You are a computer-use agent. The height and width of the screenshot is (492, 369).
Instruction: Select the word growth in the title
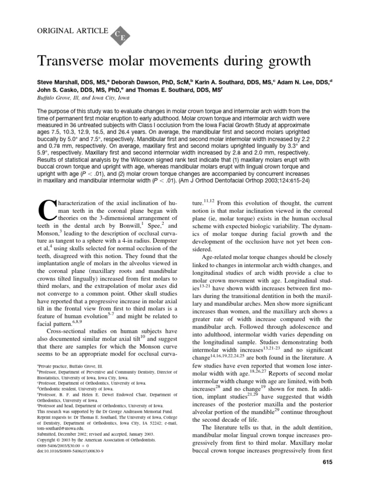click(283, 62)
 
